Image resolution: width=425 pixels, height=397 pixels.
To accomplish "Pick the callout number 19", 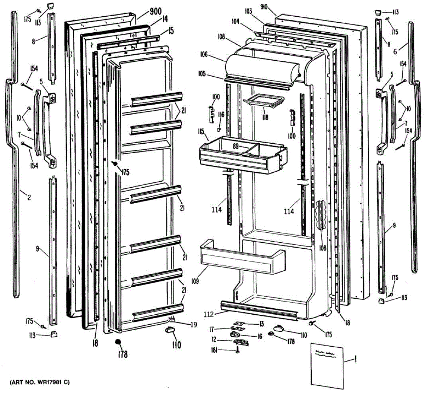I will [193, 324].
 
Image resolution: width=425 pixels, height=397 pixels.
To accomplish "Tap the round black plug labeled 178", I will [118, 342].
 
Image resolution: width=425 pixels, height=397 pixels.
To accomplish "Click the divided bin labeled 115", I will [243, 156].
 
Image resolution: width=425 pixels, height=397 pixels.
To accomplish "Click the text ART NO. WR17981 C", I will [40, 382].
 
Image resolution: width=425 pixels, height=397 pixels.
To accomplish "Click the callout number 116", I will [221, 114].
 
